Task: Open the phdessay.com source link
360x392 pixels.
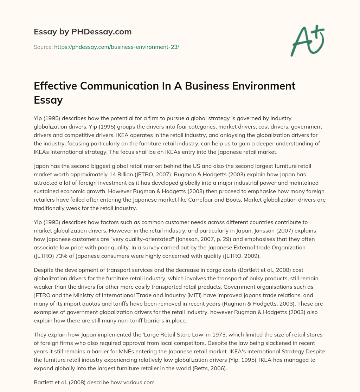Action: (117, 47)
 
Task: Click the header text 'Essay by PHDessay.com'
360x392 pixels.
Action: (83, 32)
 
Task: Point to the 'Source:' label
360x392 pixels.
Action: (43, 47)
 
